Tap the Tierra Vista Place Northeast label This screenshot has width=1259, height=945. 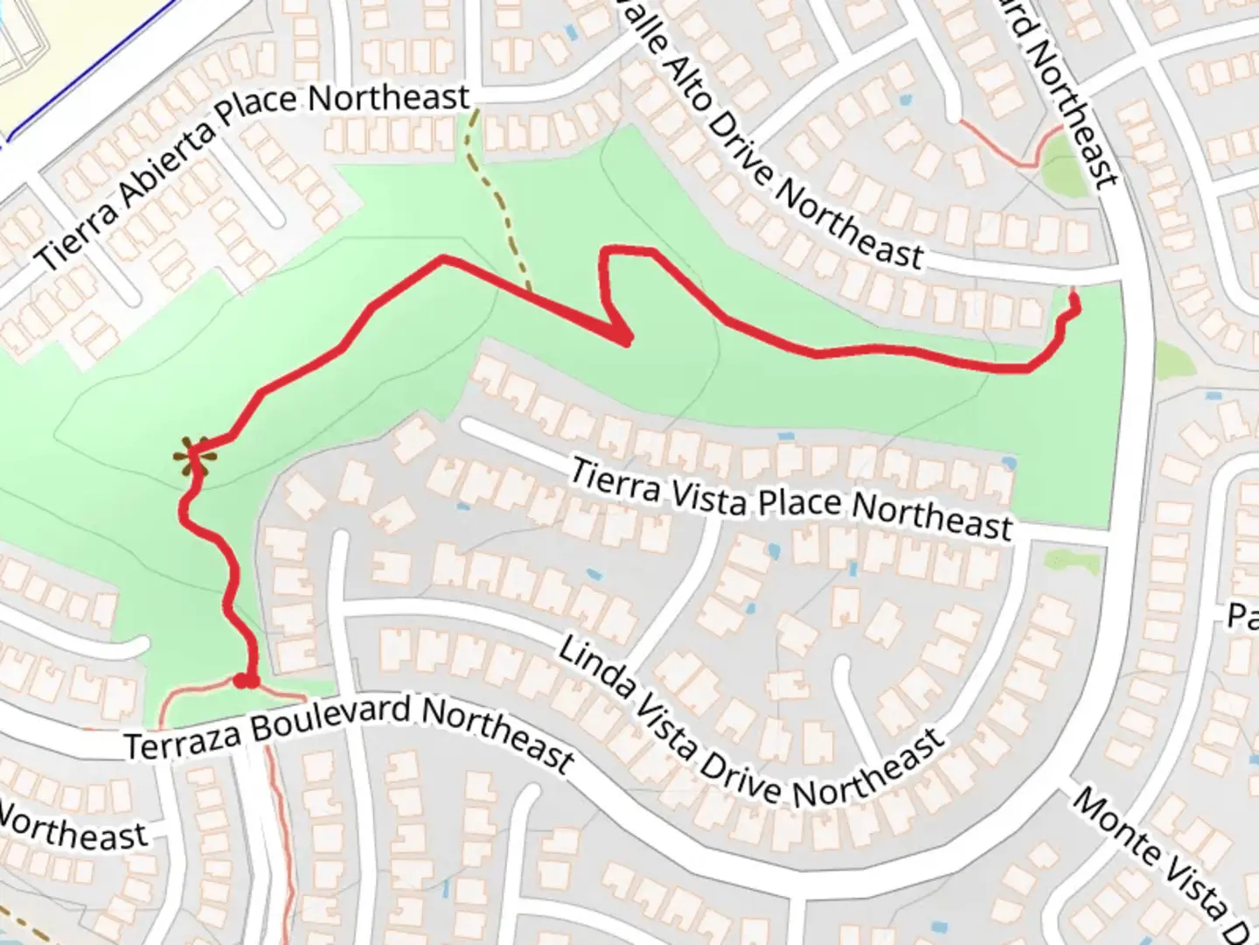click(x=791, y=498)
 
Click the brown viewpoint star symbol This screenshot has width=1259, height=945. click(x=191, y=456)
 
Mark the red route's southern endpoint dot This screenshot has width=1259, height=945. click(x=246, y=681)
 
